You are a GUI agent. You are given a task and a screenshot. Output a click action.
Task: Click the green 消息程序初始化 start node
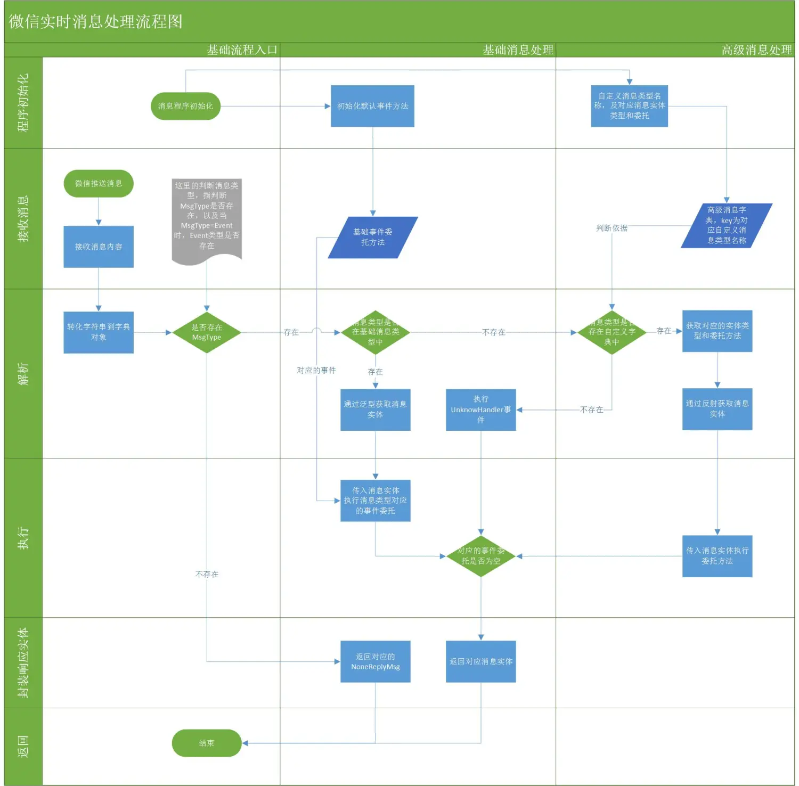185,106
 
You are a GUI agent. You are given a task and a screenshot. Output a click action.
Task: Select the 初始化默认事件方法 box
372,106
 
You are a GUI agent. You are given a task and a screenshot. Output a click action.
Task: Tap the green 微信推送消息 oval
99,184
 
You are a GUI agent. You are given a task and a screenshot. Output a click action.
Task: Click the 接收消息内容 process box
99,247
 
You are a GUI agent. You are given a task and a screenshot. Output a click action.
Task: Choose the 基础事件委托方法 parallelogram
373,238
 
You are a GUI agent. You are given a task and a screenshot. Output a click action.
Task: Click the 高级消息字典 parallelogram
727,225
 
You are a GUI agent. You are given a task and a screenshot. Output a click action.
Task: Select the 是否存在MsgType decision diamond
207,332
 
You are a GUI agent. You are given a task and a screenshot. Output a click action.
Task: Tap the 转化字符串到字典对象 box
99,332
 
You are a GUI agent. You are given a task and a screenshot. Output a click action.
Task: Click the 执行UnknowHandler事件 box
480,410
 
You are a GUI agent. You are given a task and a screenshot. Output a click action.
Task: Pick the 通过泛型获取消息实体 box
375,410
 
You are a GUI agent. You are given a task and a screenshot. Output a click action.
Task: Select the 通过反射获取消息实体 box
717,409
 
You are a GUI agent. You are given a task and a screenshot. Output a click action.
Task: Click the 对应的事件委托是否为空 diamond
480,556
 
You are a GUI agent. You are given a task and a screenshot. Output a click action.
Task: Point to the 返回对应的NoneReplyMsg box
375,661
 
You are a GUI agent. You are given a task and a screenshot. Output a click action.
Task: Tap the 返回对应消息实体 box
480,661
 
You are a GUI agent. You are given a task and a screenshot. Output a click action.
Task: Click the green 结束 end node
207,743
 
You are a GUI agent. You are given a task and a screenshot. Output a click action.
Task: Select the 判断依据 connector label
612,228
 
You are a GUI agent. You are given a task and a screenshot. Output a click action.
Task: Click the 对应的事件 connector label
316,370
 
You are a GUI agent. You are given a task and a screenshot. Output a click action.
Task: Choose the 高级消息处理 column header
756,50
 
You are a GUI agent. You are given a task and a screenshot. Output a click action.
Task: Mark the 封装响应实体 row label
23,662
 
